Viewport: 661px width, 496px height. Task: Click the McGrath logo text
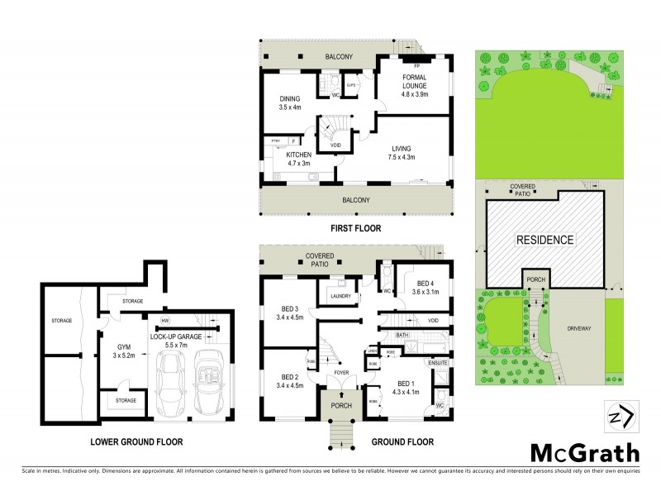click(x=583, y=453)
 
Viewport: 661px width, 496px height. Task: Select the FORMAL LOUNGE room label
click(x=414, y=83)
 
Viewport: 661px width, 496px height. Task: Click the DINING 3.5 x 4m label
click(x=289, y=103)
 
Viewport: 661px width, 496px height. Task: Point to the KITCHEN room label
click(x=298, y=159)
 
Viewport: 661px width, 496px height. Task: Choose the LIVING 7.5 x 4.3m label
click(x=402, y=152)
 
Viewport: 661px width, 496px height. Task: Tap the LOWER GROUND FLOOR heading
click(x=138, y=442)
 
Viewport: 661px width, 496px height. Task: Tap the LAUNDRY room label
click(x=340, y=296)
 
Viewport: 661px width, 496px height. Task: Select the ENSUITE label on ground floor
click(x=437, y=361)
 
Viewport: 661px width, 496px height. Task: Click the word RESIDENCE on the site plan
click(x=544, y=240)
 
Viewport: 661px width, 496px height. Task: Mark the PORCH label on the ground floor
click(x=341, y=405)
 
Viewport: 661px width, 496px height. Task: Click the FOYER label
click(x=340, y=372)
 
